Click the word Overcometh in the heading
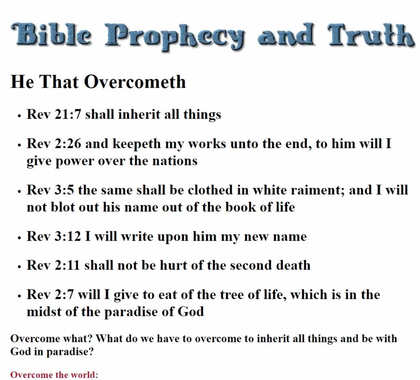click(135, 82)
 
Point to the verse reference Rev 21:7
click(53, 114)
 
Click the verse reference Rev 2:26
click(53, 143)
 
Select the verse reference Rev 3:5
click(50, 190)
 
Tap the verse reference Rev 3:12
click(53, 236)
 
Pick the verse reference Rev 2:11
click(53, 265)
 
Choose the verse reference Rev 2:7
click(50, 294)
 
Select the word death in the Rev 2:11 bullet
click(293, 265)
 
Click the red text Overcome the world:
click(54, 375)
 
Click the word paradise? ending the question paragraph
click(70, 352)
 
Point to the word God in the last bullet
click(191, 311)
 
